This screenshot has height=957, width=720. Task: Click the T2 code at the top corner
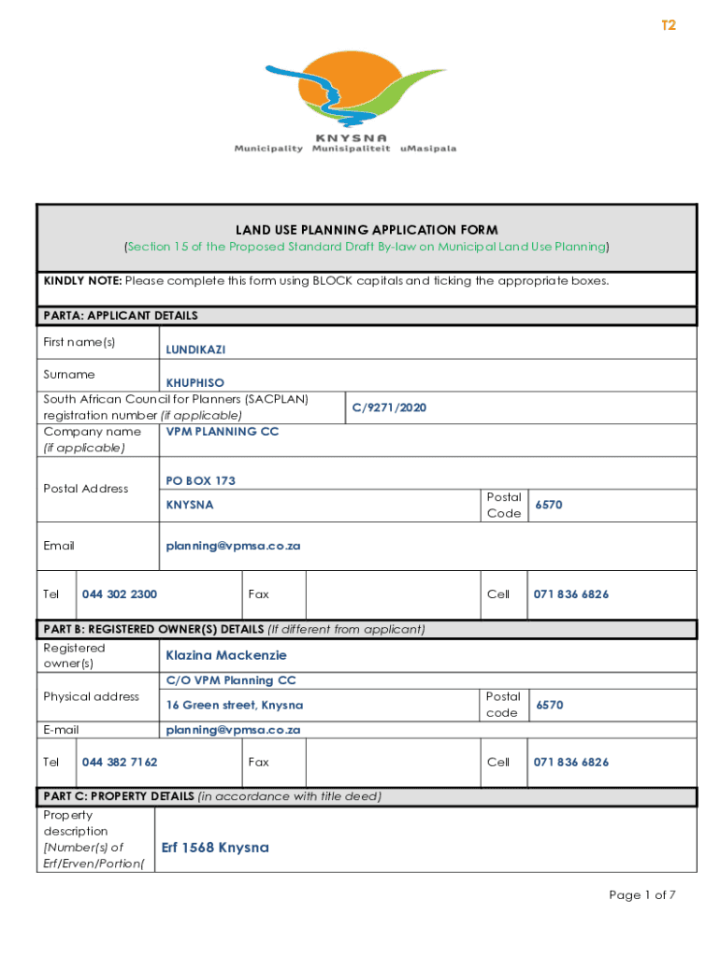click(668, 26)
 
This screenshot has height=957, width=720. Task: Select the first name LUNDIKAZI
click(195, 350)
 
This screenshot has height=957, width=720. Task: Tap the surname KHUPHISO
click(194, 383)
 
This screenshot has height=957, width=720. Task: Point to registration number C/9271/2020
click(389, 407)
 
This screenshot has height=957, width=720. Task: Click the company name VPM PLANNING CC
click(223, 432)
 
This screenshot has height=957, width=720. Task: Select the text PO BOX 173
click(200, 481)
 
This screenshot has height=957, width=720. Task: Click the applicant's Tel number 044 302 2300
click(120, 594)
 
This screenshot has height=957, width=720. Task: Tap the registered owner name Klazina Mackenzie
click(226, 655)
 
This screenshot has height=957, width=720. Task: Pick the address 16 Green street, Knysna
click(234, 706)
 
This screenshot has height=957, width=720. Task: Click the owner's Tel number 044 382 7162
click(120, 763)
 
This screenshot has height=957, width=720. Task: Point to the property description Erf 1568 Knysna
click(215, 848)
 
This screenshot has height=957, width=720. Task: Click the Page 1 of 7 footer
click(641, 895)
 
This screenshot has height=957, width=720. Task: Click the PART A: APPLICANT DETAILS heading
click(121, 316)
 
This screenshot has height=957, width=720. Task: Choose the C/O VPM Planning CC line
click(231, 681)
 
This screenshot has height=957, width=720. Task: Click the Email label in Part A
click(59, 546)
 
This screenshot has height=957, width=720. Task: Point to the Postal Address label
click(86, 489)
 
